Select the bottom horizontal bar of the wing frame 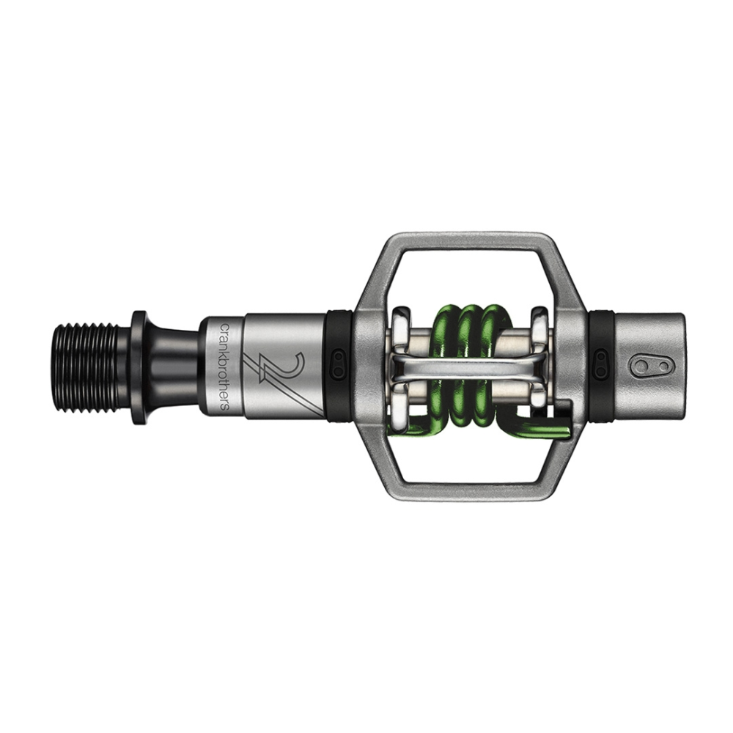[469, 490]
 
